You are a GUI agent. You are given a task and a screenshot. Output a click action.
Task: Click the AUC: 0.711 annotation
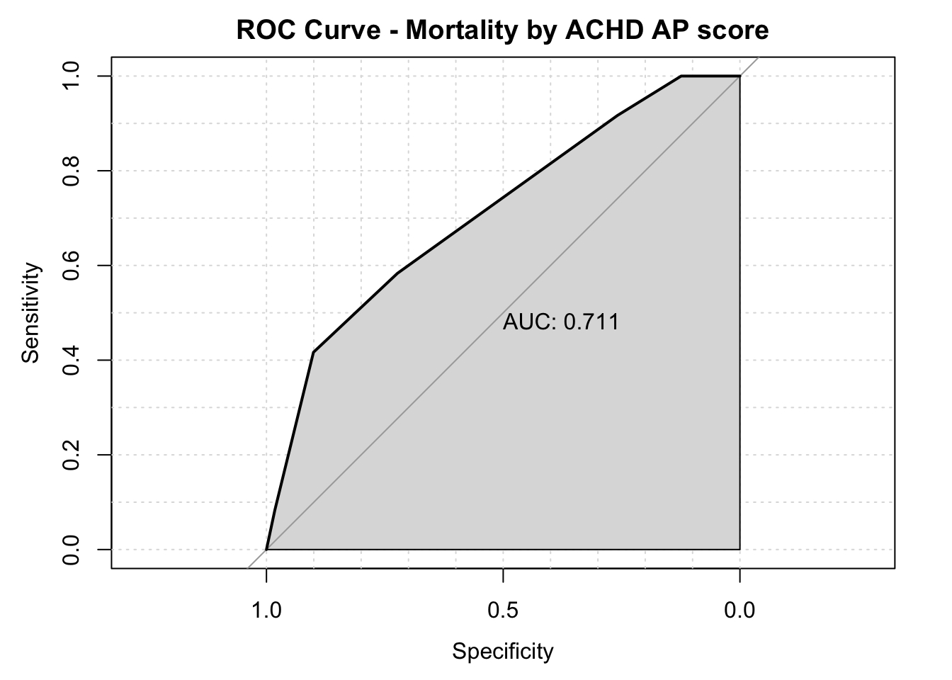[x=561, y=322]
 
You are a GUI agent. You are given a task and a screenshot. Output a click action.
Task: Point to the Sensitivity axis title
[x=31, y=312]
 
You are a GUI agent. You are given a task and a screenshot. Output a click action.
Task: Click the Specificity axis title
[x=502, y=651]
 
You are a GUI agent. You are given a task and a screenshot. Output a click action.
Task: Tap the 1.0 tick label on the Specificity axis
[x=266, y=610]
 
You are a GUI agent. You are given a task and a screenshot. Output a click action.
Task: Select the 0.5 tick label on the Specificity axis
[x=503, y=610]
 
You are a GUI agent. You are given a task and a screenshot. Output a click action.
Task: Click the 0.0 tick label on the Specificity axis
[x=739, y=610]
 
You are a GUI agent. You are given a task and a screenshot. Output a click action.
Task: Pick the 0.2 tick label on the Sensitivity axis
[x=71, y=455]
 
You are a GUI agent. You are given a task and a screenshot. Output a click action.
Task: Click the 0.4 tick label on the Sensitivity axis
[x=71, y=360]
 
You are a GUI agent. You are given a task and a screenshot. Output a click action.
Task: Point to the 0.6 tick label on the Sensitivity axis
[x=71, y=266]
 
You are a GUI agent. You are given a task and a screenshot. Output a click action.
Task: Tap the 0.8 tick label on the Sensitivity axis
[x=71, y=171]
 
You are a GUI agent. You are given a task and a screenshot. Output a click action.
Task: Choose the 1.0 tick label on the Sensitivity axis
[x=71, y=76]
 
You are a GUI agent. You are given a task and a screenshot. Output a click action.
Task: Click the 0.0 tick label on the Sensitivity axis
[x=71, y=550]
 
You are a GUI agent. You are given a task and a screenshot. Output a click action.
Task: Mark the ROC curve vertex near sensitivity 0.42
[x=313, y=352]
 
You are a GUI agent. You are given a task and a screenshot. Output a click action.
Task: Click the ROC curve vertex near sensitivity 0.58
[x=397, y=273]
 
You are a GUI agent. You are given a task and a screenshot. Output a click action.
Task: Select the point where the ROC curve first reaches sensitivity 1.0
[x=681, y=76]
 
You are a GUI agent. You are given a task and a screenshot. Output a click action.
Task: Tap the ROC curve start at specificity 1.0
[x=266, y=549]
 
